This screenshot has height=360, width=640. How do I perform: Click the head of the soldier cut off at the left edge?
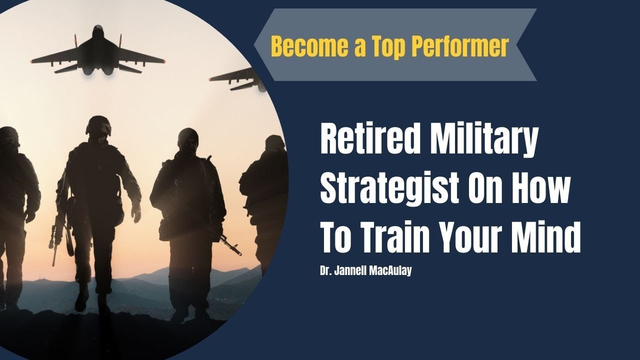[x=7, y=137]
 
